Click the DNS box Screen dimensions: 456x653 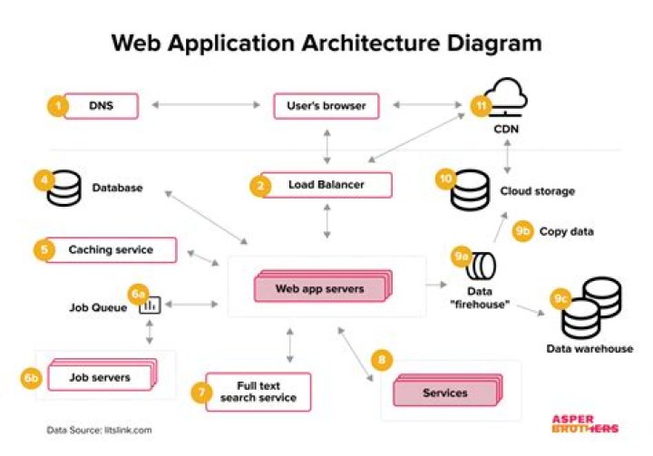tap(101, 107)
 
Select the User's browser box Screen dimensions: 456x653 tap(325, 106)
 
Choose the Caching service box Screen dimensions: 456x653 tap(110, 249)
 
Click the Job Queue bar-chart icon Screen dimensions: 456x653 tap(151, 306)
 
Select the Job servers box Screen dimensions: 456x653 tap(102, 376)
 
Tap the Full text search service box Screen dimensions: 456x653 tap(258, 391)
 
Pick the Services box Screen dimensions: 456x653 tap(444, 393)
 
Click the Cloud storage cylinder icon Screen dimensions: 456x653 tap(469, 191)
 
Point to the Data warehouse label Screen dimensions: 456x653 tap(589, 348)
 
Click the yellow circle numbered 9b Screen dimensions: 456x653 tap(524, 231)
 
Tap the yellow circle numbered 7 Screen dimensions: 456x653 tap(200, 392)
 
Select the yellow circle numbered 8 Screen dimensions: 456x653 tap(383, 361)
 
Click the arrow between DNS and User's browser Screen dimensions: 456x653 tap(208, 106)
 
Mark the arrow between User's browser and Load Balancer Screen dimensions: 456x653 tap(325, 144)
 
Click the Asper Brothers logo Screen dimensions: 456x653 tap(585, 423)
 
